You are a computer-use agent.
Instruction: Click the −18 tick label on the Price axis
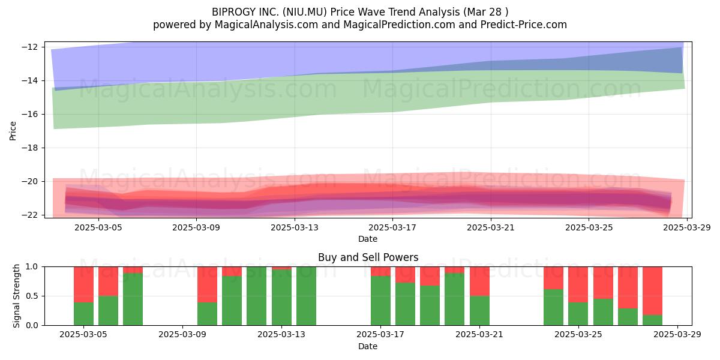29,148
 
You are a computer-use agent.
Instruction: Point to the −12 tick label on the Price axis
29,47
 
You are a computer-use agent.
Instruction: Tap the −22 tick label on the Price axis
29,215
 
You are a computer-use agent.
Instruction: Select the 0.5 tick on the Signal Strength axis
32,296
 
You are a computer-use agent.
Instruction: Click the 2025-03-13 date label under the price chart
295,227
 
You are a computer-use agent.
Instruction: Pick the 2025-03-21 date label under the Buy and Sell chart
479,334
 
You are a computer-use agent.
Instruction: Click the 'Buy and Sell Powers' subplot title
368,257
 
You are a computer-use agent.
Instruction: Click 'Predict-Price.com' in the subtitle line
524,25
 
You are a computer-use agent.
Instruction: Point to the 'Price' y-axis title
13,131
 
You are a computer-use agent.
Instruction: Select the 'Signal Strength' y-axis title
16,296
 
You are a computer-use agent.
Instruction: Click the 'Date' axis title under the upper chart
368,239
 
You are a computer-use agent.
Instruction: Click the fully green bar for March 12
257,296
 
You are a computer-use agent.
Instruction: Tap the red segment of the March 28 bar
653,290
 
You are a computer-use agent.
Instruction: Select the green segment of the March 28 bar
653,320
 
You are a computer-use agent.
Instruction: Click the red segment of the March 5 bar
83,284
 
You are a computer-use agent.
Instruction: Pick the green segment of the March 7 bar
133,299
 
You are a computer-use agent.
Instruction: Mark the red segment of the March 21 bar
479,281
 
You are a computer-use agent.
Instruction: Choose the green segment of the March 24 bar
553,307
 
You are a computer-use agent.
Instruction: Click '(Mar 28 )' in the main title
485,12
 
